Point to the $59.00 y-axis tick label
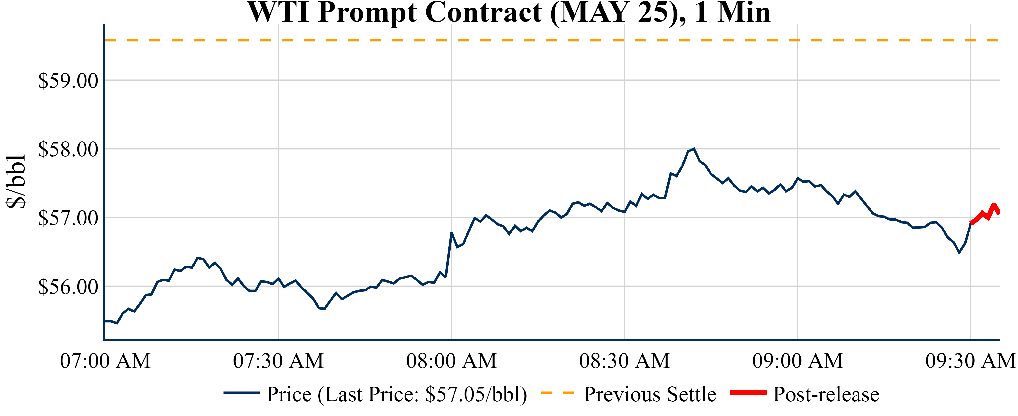[68, 81]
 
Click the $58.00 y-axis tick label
[68, 150]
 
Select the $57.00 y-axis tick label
[68, 218]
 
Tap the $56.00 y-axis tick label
[68, 287]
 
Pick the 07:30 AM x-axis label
[278, 361]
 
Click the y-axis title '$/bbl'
[16, 182]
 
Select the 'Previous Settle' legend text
[650, 394]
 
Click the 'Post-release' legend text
[826, 394]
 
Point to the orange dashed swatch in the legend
[557, 393]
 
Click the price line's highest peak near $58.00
[694, 149]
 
